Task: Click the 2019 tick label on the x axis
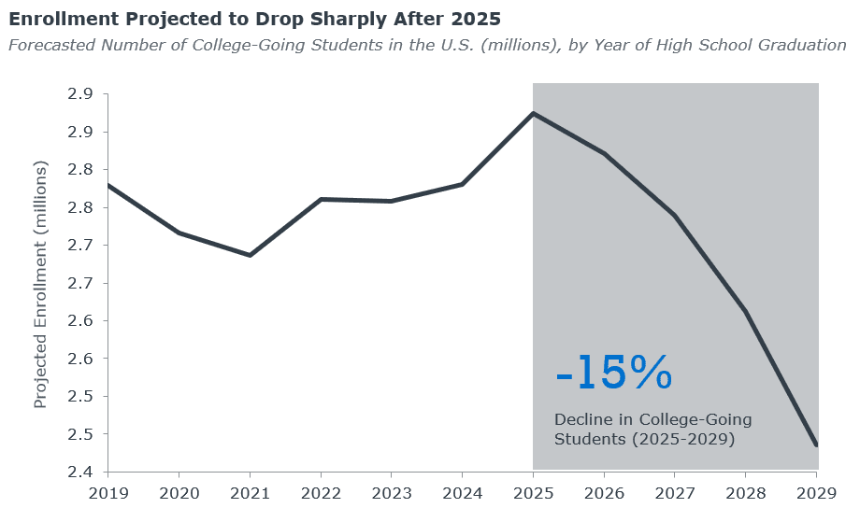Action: (107, 493)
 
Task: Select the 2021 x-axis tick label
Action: (250, 493)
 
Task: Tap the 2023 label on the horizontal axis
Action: (392, 493)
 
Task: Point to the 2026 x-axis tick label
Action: (605, 493)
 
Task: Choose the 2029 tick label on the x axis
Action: (817, 493)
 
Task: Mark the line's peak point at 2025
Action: (533, 113)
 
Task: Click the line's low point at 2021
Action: (250, 255)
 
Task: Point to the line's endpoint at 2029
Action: (817, 445)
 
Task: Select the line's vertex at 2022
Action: (321, 199)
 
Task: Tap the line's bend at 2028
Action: (746, 311)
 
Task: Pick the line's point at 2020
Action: (179, 233)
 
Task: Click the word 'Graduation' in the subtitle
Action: (801, 45)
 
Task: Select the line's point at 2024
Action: (463, 184)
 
